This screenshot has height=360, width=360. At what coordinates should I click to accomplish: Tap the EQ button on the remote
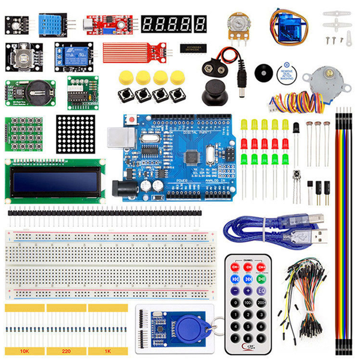[262, 290]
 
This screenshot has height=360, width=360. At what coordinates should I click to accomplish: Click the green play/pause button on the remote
[262, 278]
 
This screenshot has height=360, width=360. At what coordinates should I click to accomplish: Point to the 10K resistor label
[25, 349]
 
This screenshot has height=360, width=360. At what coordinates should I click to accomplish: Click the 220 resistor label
[67, 349]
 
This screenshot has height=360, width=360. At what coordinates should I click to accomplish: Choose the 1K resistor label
[107, 349]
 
